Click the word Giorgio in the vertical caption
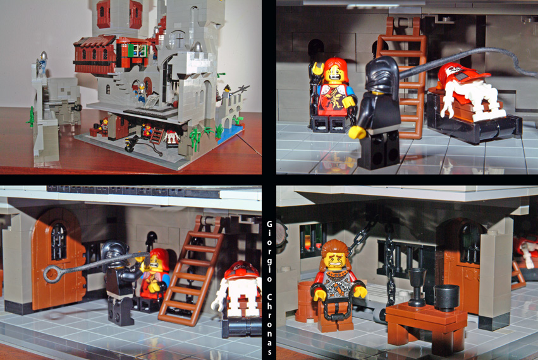269,251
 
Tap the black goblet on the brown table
417,287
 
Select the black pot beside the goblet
446,298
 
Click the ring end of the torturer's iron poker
52,275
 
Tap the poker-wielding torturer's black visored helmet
115,253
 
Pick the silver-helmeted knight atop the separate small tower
42,63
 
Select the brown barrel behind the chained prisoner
306,301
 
